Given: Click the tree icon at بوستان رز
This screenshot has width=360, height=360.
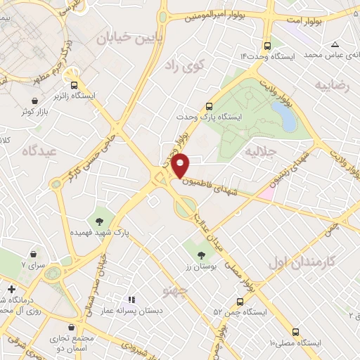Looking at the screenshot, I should pyautogui.click(x=202, y=254).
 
